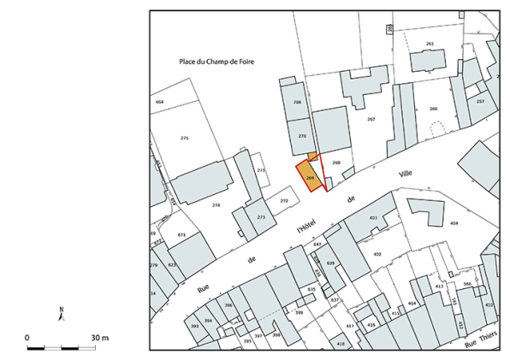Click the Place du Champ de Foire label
[218, 62]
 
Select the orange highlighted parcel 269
[311, 175]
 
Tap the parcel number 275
[184, 138]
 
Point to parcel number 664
[159, 102]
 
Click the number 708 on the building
[297, 102]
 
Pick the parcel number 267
[371, 119]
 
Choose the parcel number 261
[430, 43]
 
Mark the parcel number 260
[433, 109]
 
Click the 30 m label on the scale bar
[101, 339]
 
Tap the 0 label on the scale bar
[27, 339]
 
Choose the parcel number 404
[454, 223]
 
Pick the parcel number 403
[373, 219]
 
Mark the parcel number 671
[181, 234]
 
